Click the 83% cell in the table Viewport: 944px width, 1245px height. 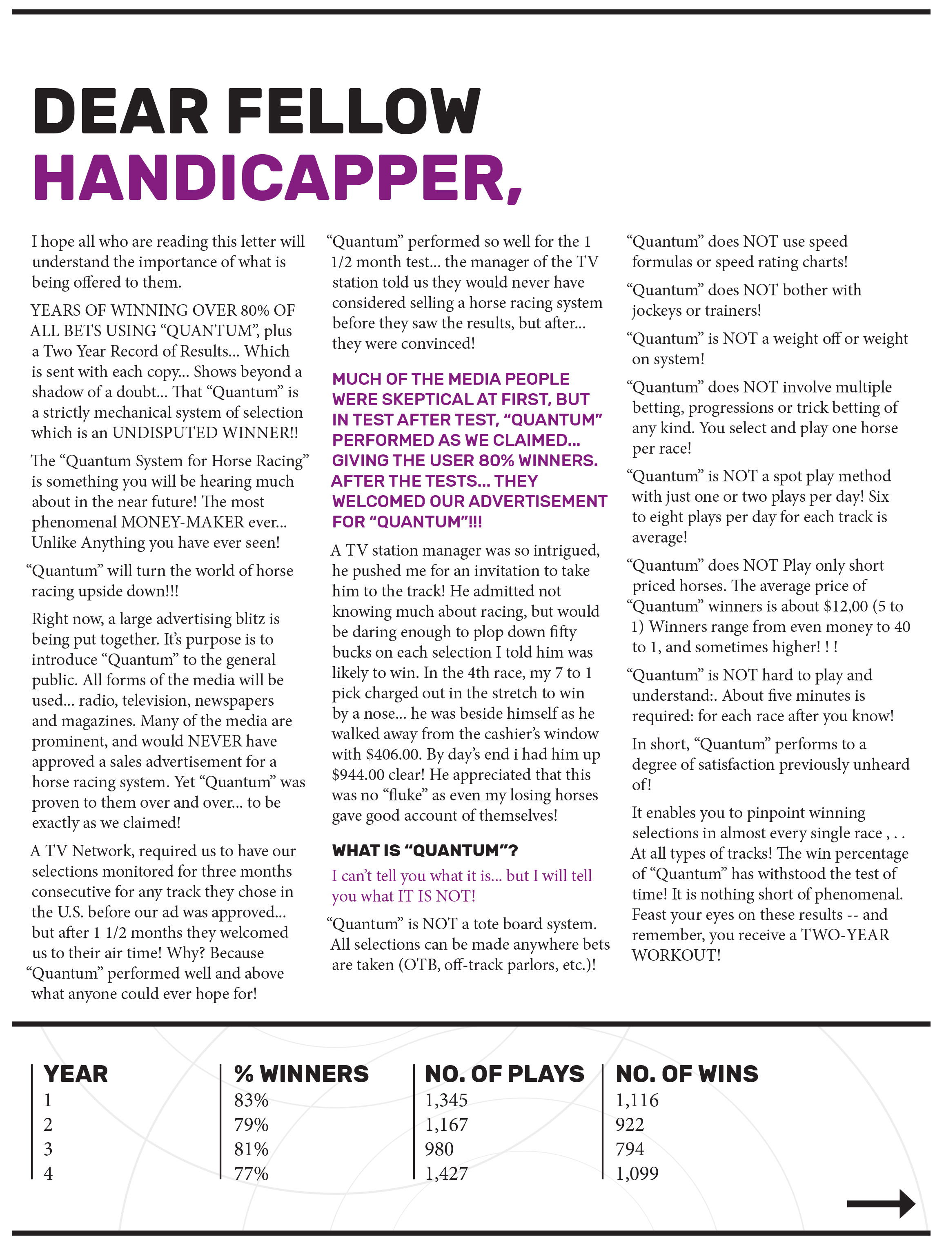(251, 1100)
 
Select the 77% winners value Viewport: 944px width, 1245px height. (251, 1173)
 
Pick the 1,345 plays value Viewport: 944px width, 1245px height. (446, 1100)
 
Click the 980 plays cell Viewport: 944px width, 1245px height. (439, 1149)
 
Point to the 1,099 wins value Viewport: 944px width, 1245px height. (637, 1173)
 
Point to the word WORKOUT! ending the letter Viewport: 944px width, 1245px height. (676, 955)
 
